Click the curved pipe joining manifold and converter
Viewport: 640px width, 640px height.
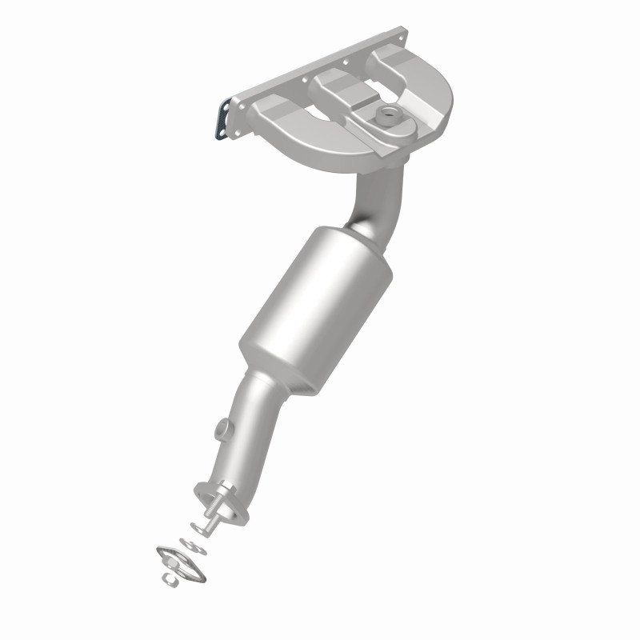pos(375,200)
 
